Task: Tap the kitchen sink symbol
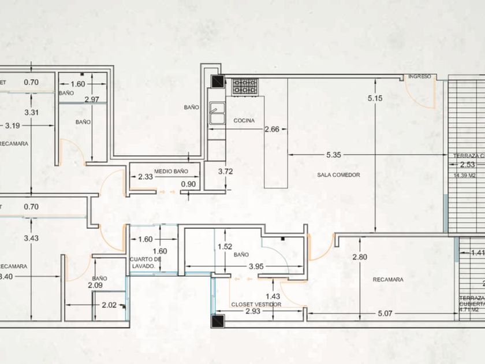click(217, 113)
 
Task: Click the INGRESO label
click(419, 77)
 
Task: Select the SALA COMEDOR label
click(338, 174)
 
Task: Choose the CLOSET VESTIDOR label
click(256, 304)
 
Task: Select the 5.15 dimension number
click(375, 98)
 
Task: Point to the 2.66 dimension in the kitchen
click(272, 129)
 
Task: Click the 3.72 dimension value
click(225, 171)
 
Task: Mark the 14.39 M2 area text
click(464, 175)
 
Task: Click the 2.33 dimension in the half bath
click(146, 176)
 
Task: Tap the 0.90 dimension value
click(188, 184)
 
